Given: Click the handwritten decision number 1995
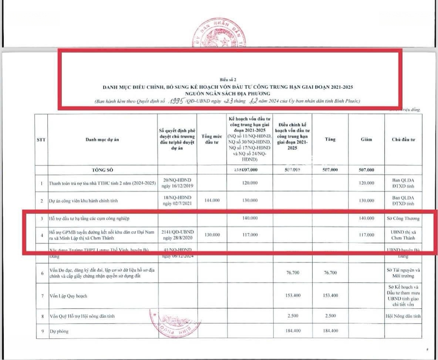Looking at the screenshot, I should coord(176,100).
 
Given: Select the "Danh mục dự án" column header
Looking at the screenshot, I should coord(103,140).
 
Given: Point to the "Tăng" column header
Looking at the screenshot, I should coord(330,139).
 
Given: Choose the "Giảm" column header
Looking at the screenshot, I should coord(367,139).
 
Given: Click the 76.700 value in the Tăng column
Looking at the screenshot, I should coord(330,273).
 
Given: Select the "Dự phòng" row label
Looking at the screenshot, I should coord(59,331).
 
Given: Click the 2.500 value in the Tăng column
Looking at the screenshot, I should coord(330,316).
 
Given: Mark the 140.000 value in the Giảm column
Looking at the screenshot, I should coord(367,218).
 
